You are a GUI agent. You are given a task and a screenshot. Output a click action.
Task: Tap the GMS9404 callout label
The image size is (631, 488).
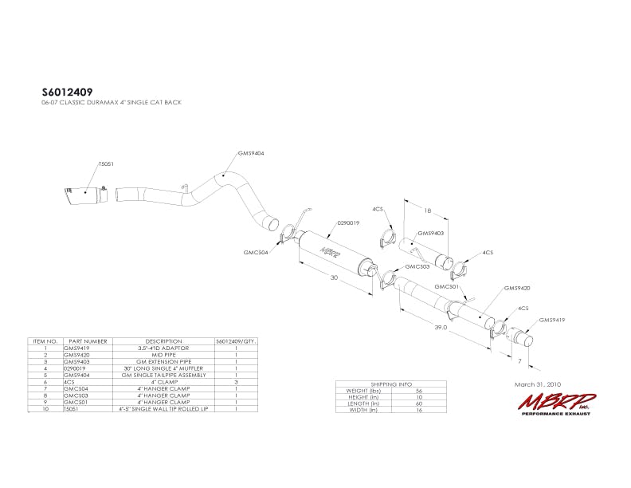tap(251, 152)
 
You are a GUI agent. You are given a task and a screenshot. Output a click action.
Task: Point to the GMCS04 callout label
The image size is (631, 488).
tap(256, 253)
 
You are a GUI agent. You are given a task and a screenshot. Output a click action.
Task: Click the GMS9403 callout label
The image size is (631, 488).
tap(431, 234)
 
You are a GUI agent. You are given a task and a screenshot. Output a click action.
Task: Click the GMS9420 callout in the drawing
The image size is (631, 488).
tap(516, 288)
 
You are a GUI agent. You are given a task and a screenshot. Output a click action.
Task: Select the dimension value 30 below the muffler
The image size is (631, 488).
tap(334, 279)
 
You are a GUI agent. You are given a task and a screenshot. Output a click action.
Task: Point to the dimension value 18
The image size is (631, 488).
tap(427, 211)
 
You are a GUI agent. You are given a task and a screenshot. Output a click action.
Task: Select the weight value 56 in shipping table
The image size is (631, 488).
tap(419, 391)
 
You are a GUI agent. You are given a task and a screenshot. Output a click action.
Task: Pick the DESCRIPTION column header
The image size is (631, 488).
tap(163, 341)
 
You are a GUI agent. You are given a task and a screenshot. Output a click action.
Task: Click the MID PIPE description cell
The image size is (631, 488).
tap(163, 355)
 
